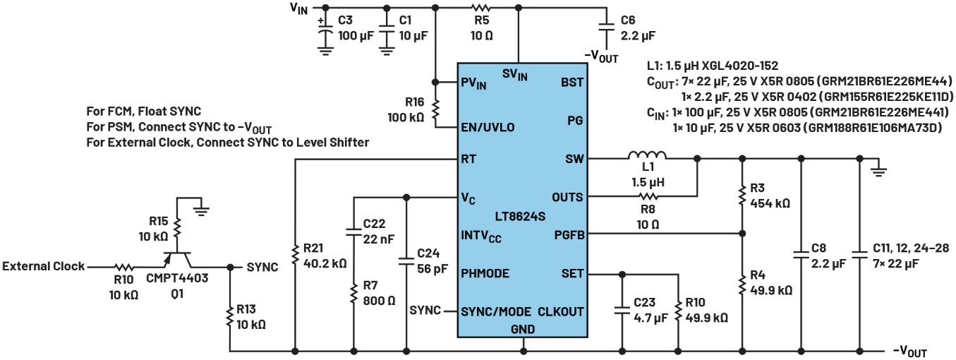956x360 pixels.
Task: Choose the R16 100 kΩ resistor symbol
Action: [x=436, y=109]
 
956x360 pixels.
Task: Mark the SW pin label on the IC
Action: [x=574, y=159]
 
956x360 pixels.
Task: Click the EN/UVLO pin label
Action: [x=488, y=127]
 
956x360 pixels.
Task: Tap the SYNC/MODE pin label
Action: [x=497, y=311]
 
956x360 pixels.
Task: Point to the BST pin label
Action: [x=571, y=82]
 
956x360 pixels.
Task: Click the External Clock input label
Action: [x=43, y=267]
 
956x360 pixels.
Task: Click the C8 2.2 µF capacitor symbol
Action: [x=800, y=256]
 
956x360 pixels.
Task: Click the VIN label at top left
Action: [x=298, y=9]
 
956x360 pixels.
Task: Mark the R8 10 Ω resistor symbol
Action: [x=647, y=197]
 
